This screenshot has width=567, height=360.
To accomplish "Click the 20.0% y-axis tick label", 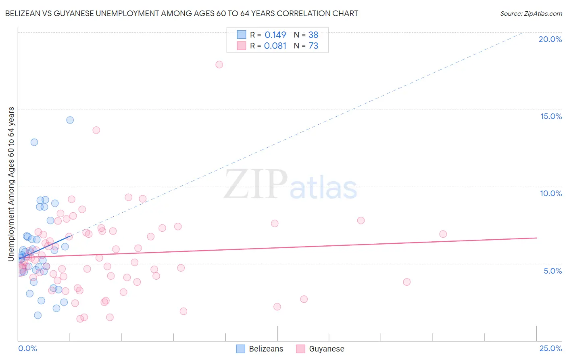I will point(550,39).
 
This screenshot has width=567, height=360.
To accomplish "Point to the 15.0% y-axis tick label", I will point(551,116).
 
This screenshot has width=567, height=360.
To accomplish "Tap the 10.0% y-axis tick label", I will point(551,193).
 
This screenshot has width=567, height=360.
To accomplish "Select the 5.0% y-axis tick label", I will point(552,271).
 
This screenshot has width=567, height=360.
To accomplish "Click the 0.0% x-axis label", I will point(27,348).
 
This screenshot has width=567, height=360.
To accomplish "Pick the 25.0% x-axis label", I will point(550,348).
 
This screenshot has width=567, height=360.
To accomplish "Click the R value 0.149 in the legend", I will point(275,35).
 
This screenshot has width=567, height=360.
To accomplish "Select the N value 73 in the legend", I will point(313,46).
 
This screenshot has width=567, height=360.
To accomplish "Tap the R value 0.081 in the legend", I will point(275,46).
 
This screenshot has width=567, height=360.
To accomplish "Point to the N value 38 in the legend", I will point(313,35).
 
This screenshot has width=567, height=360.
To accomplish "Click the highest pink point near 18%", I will point(219,65).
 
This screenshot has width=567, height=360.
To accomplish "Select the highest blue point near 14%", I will point(70,120).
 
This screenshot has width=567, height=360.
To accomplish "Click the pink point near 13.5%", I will point(96,130).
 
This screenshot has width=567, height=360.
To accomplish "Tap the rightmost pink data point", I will point(443,234).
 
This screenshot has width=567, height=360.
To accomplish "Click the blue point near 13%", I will point(34,142).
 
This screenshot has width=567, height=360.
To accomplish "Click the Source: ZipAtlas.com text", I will point(531,14).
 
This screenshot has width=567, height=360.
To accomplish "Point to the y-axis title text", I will point(11,184).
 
